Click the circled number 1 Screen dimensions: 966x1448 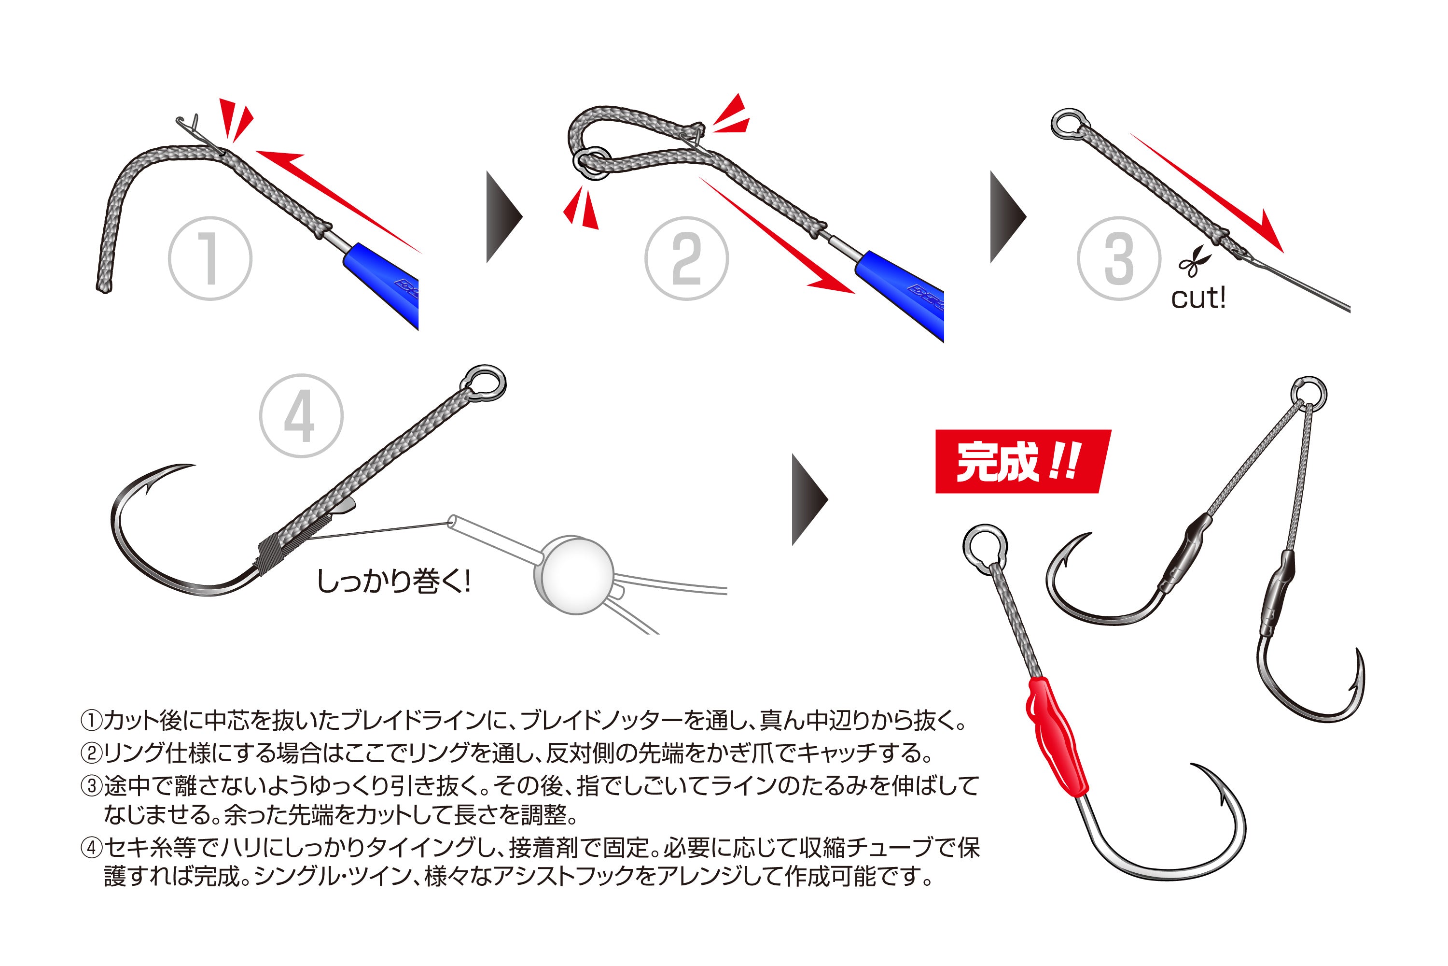(x=210, y=259)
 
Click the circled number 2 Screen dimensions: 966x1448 (x=686, y=259)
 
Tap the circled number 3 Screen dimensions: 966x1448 (x=1119, y=259)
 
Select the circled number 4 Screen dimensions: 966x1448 (x=301, y=416)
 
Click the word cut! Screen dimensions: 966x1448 (x=1197, y=298)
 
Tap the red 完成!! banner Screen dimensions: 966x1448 (x=1022, y=461)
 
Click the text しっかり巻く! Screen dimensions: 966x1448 (x=394, y=581)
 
